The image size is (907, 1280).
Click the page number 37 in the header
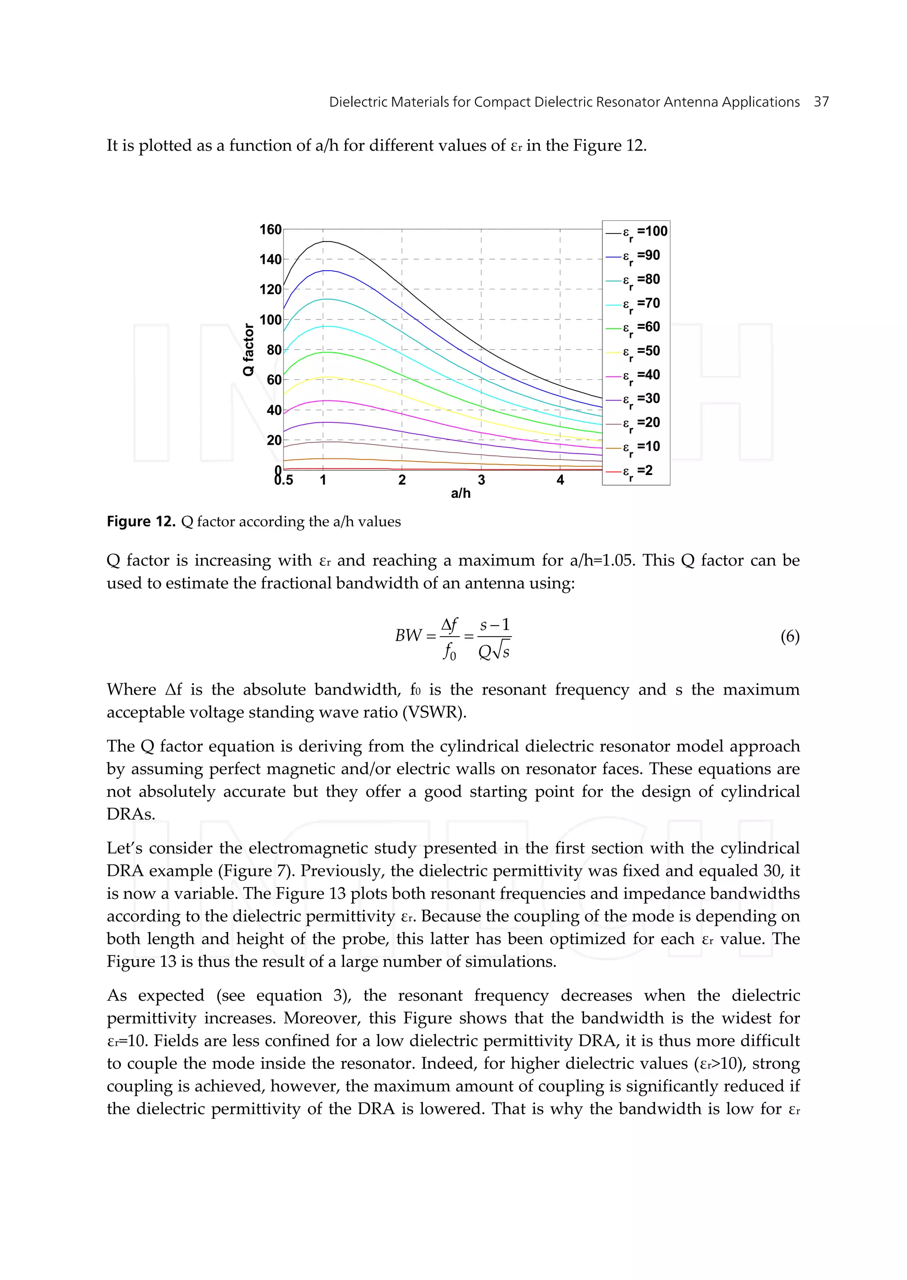[x=821, y=102]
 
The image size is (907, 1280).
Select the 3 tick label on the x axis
[x=481, y=480]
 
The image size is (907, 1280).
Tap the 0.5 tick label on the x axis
[x=284, y=480]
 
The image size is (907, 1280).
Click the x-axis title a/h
[x=461, y=493]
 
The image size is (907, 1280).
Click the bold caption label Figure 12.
[x=141, y=522]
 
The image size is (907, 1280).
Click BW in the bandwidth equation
[x=408, y=636]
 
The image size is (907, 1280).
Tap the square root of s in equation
[x=500, y=651]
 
